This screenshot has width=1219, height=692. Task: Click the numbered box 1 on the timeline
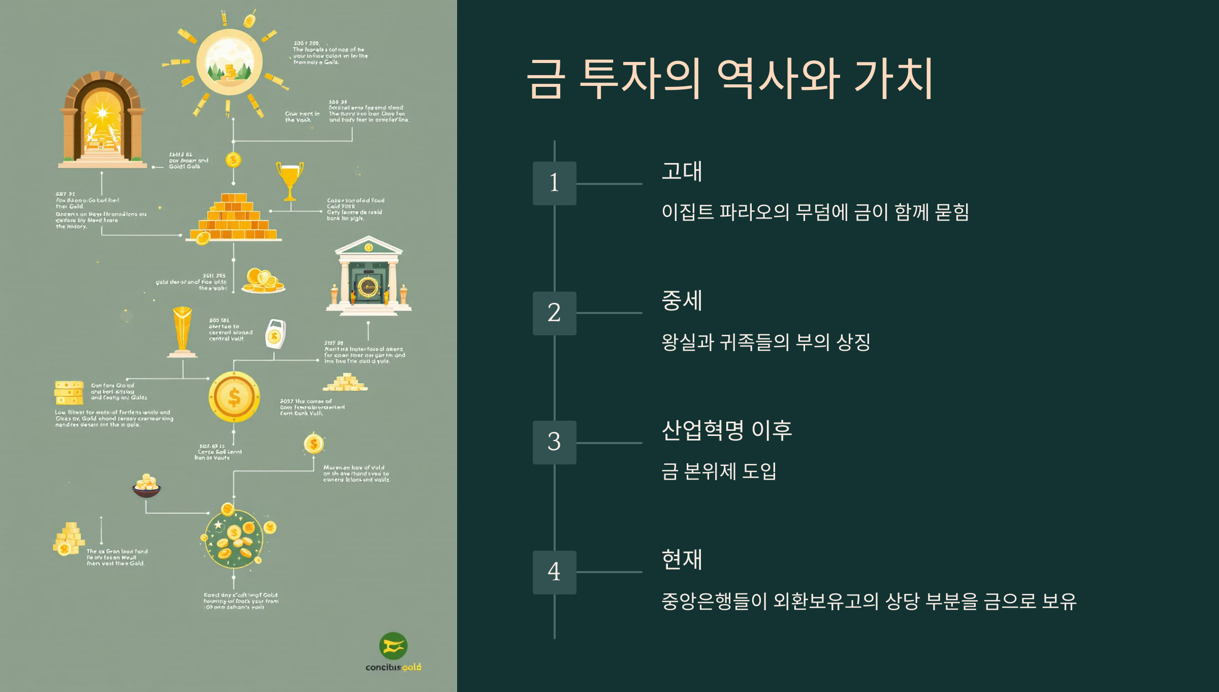pyautogui.click(x=554, y=183)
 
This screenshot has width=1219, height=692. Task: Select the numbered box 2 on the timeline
pyautogui.click(x=554, y=313)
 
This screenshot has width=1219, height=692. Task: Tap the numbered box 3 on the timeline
pyautogui.click(x=554, y=442)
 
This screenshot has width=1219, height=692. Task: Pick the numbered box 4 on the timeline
pyautogui.click(x=554, y=572)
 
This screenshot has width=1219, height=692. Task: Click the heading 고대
pyautogui.click(x=682, y=171)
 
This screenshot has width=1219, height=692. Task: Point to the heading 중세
pyautogui.click(x=682, y=301)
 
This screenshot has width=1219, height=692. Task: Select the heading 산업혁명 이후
pyautogui.click(x=726, y=430)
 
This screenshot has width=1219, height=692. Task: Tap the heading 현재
pyautogui.click(x=682, y=559)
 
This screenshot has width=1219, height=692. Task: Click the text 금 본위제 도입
pyautogui.click(x=719, y=471)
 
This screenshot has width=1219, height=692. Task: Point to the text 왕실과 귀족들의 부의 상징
pyautogui.click(x=766, y=342)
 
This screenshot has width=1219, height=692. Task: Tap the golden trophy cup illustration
pyautogui.click(x=290, y=180)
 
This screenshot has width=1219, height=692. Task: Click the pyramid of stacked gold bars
pyautogui.click(x=235, y=217)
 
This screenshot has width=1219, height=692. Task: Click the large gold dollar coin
pyautogui.click(x=234, y=397)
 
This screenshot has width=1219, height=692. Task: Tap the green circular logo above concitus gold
pyautogui.click(x=393, y=646)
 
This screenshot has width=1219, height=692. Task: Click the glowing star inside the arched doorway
pyautogui.click(x=102, y=112)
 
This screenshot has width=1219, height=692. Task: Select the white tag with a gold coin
pyautogui.click(x=275, y=334)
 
